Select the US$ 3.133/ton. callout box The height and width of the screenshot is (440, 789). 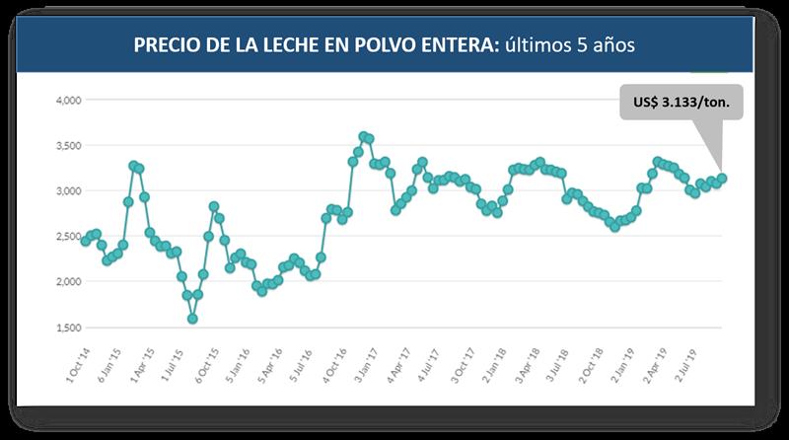[x=680, y=100]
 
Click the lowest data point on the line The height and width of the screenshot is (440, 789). [x=192, y=319]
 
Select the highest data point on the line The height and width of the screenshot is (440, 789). [x=363, y=135]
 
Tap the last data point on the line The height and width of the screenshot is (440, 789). [x=722, y=179]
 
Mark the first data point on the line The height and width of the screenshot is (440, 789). [x=86, y=241]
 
